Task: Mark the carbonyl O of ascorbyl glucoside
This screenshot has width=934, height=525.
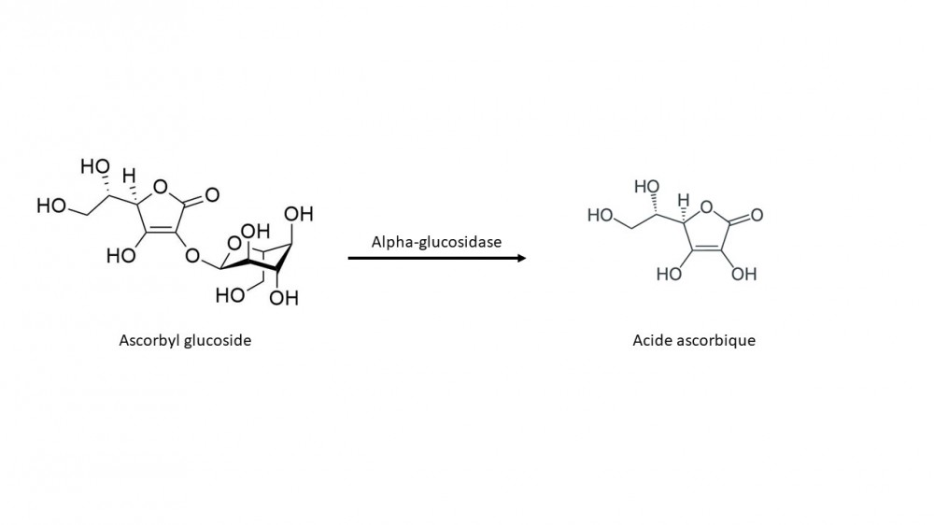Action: (212, 195)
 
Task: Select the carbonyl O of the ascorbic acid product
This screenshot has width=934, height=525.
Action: (757, 216)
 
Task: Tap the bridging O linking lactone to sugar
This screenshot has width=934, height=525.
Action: (192, 255)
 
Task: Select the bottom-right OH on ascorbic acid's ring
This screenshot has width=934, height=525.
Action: (744, 275)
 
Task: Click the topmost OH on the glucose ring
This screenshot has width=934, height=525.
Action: (300, 214)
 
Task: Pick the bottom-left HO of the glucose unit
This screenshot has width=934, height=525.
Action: (230, 296)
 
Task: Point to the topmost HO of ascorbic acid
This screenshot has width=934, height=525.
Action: (646, 187)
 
